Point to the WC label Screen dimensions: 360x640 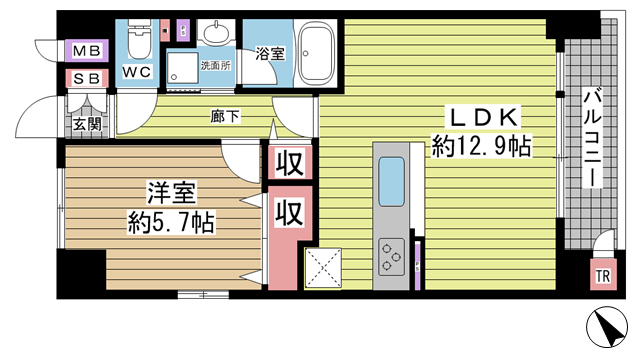(x=137, y=72)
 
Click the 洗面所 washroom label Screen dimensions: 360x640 (x=215, y=66)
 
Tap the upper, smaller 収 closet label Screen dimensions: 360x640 (x=289, y=162)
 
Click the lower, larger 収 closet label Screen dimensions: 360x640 (x=289, y=212)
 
